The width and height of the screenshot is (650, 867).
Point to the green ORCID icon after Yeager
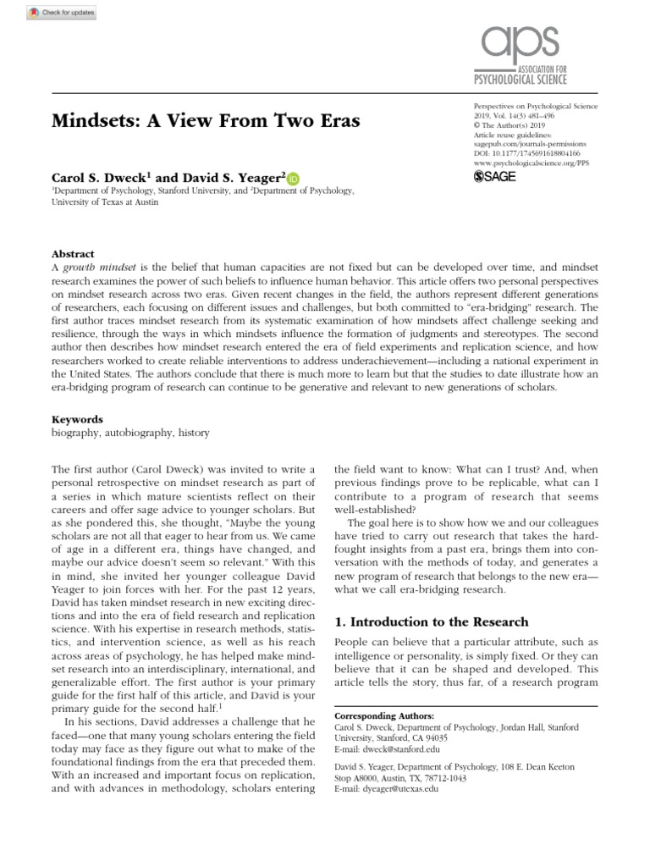pyautogui.click(x=293, y=178)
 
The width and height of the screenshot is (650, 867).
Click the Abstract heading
pyautogui.click(x=72, y=253)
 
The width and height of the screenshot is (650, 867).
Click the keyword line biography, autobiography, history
pyautogui.click(x=130, y=432)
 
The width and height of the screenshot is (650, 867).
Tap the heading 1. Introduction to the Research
pyautogui.click(x=432, y=622)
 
